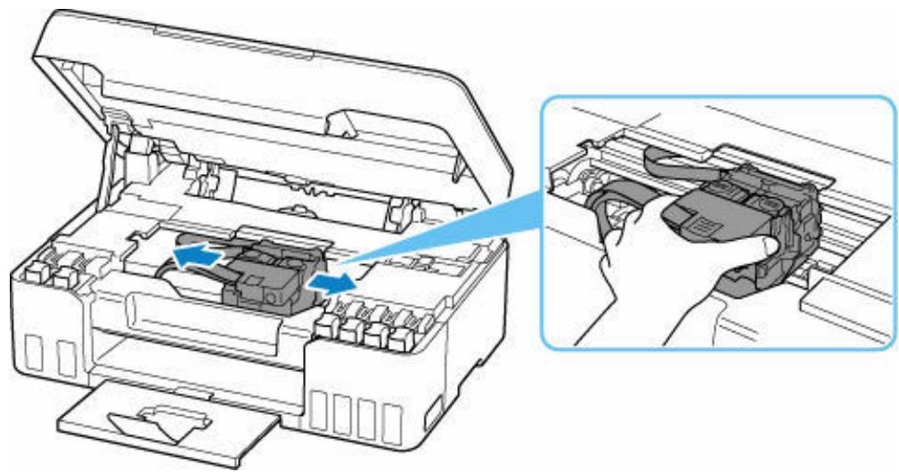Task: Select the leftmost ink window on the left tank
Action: point(37,356)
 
